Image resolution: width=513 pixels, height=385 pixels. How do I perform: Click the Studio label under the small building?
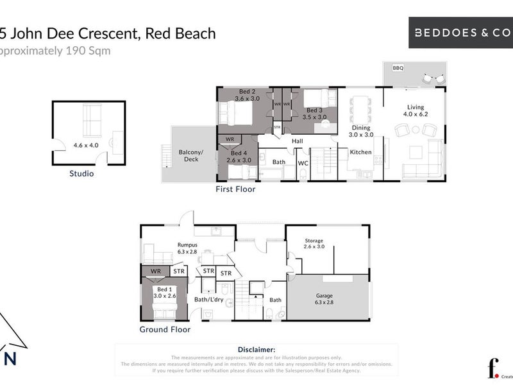coord(81,173)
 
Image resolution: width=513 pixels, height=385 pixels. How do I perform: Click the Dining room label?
coord(361,128)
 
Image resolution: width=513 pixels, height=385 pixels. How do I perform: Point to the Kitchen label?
coord(360,152)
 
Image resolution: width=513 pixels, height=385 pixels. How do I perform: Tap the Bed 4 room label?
coord(239,153)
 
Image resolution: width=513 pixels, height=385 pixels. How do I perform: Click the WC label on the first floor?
coord(303,163)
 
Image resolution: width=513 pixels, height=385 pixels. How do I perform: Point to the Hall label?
coord(297,141)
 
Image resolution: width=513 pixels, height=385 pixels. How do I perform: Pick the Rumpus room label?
coord(187,244)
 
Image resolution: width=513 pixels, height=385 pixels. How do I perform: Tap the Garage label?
coord(324,296)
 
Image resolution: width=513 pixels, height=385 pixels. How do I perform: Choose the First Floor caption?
coord(235,189)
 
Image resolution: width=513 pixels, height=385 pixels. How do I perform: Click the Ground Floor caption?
coord(165,330)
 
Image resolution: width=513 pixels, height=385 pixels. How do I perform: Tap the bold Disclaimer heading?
coord(256,348)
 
